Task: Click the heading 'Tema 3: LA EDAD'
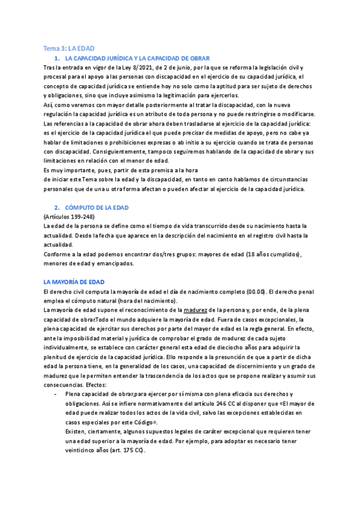coord(69,47)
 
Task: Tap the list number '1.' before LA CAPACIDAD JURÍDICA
coord(57,58)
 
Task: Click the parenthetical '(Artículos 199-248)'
coord(69,216)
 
